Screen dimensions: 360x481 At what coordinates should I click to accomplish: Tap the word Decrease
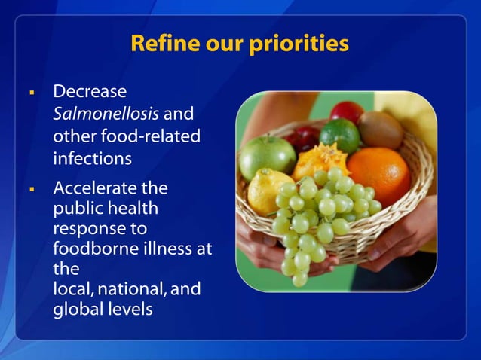(89, 93)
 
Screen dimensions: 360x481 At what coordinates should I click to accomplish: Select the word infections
(92, 159)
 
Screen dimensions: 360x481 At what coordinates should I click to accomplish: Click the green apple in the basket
(266, 156)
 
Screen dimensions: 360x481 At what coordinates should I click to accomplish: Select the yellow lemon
(269, 191)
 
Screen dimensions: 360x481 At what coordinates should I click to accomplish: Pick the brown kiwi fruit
(381, 129)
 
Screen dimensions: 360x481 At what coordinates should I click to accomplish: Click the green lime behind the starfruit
(339, 135)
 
